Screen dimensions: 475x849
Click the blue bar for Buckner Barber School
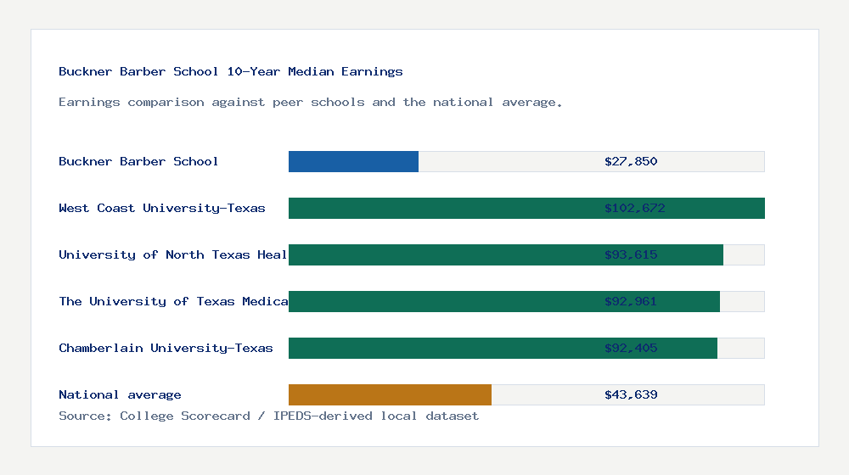tap(353, 161)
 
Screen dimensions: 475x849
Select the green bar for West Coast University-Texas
tap(441, 208)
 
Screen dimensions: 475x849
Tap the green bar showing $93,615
tap(441, 254)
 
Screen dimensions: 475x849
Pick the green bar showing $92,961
tap(441, 301)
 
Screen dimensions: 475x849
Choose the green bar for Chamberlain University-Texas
tap(441, 348)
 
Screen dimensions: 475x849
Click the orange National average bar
tap(390, 394)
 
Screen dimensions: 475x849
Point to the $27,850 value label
tap(631, 161)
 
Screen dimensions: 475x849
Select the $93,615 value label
tap(631, 254)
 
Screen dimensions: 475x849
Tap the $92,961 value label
tap(631, 301)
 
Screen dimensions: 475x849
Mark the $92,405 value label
tap(631, 348)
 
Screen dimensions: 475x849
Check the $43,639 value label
tap(631, 394)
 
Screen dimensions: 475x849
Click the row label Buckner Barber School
tap(138, 161)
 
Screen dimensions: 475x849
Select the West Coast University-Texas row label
tap(162, 208)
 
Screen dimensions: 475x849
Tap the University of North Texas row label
tap(173, 254)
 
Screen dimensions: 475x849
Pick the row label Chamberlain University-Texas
tap(166, 348)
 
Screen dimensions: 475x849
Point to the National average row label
tap(120, 394)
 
